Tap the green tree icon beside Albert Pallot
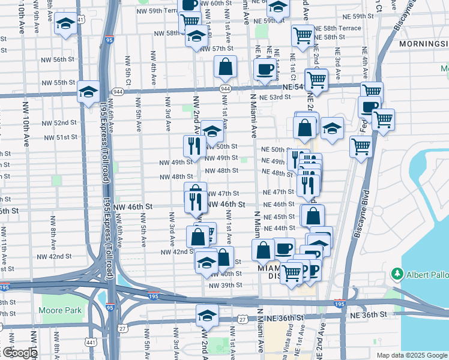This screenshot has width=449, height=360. [397, 274]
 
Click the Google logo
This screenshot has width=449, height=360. [19, 353]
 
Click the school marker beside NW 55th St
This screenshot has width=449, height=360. [89, 92]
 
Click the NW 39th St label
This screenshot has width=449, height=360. [224, 284]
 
